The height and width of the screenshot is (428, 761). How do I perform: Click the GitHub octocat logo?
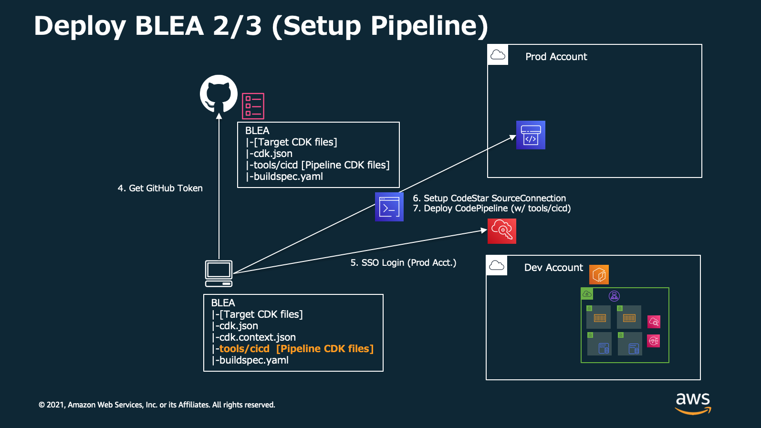click(219, 94)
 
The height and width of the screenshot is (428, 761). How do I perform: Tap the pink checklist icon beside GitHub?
click(253, 106)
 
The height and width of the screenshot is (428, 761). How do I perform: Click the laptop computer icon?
click(219, 273)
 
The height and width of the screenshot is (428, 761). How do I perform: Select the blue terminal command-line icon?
click(389, 207)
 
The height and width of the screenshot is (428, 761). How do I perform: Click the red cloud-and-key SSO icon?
click(502, 231)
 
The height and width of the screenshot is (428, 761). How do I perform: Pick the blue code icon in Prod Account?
click(531, 135)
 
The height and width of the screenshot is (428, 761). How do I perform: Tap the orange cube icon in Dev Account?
click(599, 274)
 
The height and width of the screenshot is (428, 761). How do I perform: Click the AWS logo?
click(693, 404)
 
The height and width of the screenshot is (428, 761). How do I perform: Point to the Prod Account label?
click(556, 56)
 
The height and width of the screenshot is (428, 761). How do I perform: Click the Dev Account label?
click(553, 268)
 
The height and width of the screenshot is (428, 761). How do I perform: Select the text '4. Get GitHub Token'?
click(160, 188)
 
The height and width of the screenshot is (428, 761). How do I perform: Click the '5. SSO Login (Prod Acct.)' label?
click(403, 262)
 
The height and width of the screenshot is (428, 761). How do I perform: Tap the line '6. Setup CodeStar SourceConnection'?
click(489, 198)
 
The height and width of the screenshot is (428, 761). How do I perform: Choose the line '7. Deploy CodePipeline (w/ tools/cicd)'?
click(491, 208)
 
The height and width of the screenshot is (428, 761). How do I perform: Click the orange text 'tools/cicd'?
click(244, 348)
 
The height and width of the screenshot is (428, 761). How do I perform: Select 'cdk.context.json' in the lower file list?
click(258, 337)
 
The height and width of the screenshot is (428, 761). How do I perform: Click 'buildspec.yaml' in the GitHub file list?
click(288, 177)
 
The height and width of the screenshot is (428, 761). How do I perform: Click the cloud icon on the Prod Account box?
click(498, 55)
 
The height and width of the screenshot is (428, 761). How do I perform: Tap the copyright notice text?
click(156, 405)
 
